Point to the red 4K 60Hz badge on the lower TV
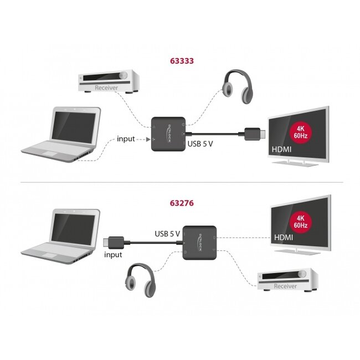click(x=301, y=222)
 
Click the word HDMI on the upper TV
click(x=281, y=150)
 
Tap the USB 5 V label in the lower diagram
click(x=167, y=233)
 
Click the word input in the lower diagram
click(x=113, y=255)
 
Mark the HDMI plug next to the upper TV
click(x=255, y=134)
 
